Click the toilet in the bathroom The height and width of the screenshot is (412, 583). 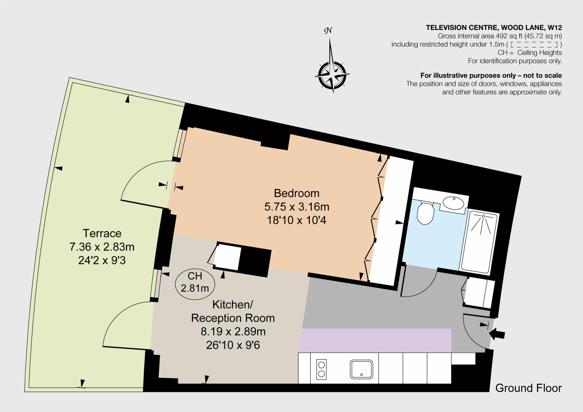[x=425, y=214]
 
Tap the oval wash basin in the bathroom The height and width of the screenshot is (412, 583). [x=454, y=203]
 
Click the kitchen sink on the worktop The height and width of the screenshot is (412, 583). [x=361, y=369]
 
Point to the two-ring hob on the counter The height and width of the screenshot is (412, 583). [x=321, y=369]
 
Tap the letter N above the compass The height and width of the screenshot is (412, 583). [x=328, y=30]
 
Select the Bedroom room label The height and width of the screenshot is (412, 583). [x=297, y=193]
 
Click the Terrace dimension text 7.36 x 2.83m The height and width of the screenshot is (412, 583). [x=102, y=247]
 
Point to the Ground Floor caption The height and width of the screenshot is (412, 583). [x=528, y=388]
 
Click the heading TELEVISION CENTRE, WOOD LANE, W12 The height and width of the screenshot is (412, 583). [x=494, y=28]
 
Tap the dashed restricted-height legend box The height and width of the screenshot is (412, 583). [x=533, y=44]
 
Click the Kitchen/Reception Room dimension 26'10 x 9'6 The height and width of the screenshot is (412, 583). [x=233, y=345]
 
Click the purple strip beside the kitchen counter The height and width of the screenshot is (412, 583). [x=375, y=340]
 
